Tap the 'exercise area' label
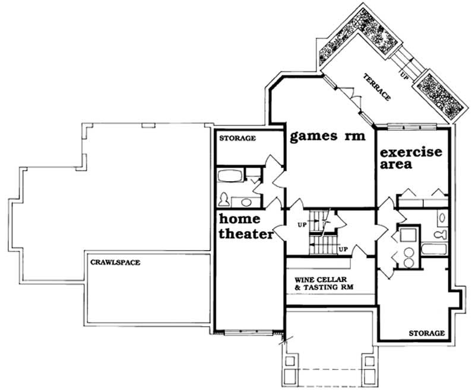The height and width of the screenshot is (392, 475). click(410, 158)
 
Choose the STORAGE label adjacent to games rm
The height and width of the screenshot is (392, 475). click(238, 138)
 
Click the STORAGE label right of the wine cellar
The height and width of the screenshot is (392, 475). click(426, 333)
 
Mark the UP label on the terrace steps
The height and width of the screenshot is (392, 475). click(405, 75)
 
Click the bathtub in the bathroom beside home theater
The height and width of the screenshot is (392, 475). click(230, 176)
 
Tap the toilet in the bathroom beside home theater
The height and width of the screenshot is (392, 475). click(226, 199)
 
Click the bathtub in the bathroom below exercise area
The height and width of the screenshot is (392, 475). click(432, 248)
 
